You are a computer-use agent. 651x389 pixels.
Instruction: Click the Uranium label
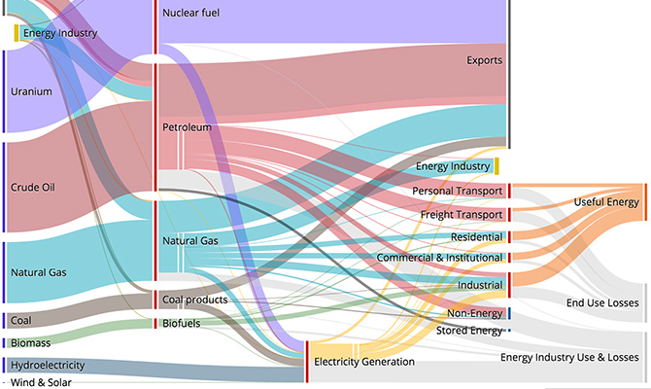[30, 92]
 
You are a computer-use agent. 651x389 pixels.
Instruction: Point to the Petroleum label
[188, 127]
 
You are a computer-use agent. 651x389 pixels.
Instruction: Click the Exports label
[484, 60]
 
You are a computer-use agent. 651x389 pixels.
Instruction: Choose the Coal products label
[195, 300]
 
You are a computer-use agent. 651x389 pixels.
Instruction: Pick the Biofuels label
[183, 323]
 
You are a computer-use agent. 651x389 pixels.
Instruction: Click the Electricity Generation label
[364, 362]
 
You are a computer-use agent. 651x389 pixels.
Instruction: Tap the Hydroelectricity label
[47, 366]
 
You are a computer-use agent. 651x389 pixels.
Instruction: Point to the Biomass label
[30, 343]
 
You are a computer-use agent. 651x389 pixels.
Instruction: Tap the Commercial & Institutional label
[439, 258]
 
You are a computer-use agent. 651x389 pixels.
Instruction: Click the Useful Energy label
[606, 202]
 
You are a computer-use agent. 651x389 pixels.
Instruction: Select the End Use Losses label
[602, 303]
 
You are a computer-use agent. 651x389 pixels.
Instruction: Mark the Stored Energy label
[469, 331]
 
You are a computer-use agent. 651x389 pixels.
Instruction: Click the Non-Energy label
[474, 313]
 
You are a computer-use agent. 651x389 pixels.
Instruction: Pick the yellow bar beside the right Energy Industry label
[497, 166]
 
